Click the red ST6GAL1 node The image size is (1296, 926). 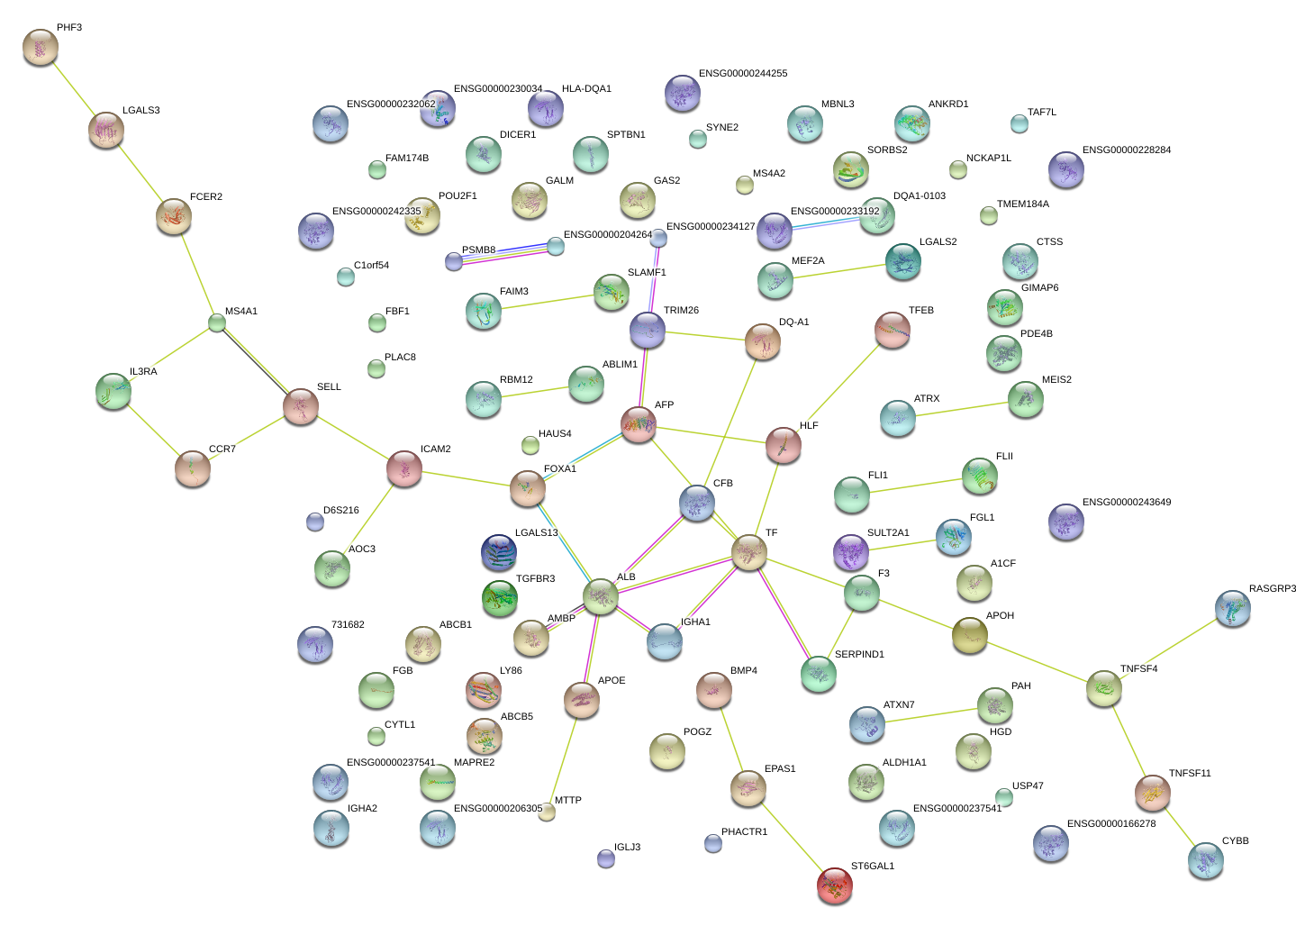pos(834,885)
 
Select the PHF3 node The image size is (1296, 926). pos(40,46)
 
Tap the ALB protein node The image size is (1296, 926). pos(601,595)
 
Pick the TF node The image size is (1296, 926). pos(748,552)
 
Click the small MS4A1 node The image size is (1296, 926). pos(217,322)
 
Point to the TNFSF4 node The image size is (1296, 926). pos(1103,688)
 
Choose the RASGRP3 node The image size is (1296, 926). pos(1232,608)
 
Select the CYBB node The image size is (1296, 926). pos(1205,859)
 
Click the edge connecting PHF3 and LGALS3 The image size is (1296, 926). pos(73,88)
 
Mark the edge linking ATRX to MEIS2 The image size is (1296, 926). pos(961,409)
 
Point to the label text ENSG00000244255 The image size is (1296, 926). pos(742,74)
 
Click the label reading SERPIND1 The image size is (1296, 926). pos(859,655)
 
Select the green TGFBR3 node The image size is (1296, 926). pos(500,596)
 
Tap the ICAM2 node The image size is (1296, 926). pos(403,468)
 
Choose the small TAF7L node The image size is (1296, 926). pos(1019,123)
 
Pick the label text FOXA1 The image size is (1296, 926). pos(559,469)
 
